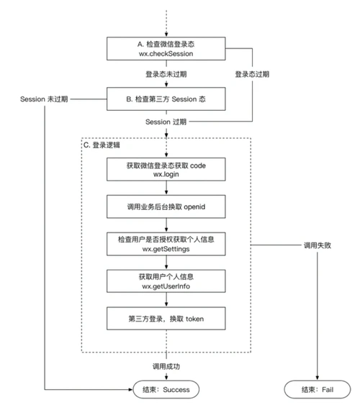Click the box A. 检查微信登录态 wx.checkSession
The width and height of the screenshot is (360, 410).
click(167, 47)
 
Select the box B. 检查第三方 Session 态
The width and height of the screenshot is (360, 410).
click(167, 97)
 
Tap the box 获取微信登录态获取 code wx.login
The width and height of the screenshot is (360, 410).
click(167, 170)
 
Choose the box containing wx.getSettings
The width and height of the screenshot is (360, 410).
click(167, 244)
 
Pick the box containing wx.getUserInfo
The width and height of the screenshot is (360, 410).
click(167, 281)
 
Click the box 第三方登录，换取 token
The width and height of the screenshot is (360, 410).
click(167, 317)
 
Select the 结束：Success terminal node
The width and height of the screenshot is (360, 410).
click(167, 391)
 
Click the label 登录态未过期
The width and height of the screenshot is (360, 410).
click(167, 73)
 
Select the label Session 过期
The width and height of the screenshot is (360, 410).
click(167, 122)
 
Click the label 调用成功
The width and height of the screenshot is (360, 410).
click(167, 366)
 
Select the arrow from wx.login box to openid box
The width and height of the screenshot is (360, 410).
click(167, 188)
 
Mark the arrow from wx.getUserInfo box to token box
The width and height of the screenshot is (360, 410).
click(167, 299)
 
